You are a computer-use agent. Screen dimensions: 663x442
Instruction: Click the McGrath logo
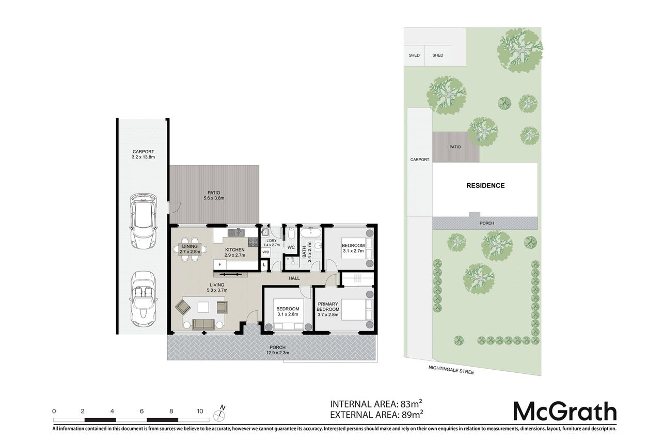point(565,411)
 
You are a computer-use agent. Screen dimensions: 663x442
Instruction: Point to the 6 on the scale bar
point(142,411)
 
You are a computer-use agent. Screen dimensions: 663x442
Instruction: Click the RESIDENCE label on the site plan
point(485,185)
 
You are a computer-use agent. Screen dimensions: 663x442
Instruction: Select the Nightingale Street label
point(451,370)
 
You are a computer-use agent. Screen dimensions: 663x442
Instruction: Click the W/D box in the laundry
point(266,252)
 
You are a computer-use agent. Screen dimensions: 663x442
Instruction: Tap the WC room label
point(291,247)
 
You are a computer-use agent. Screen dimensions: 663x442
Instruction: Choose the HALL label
point(294,278)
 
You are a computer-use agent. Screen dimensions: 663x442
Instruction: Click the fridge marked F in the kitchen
point(220,265)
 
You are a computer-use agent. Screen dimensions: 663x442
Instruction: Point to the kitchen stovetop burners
point(253,242)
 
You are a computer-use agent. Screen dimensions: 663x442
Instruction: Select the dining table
point(190,249)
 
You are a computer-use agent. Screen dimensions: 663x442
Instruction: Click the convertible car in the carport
point(144,299)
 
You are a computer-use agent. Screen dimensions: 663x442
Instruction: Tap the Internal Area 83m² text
point(376,404)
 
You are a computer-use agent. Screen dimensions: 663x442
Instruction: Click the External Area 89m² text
point(376,415)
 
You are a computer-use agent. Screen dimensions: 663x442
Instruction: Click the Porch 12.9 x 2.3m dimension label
point(277,350)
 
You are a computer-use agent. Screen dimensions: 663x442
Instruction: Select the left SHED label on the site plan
point(414,55)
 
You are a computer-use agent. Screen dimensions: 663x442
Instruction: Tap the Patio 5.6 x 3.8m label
point(214,195)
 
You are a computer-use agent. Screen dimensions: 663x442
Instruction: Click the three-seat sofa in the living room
point(203,324)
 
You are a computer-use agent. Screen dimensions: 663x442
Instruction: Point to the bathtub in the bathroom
point(310,232)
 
